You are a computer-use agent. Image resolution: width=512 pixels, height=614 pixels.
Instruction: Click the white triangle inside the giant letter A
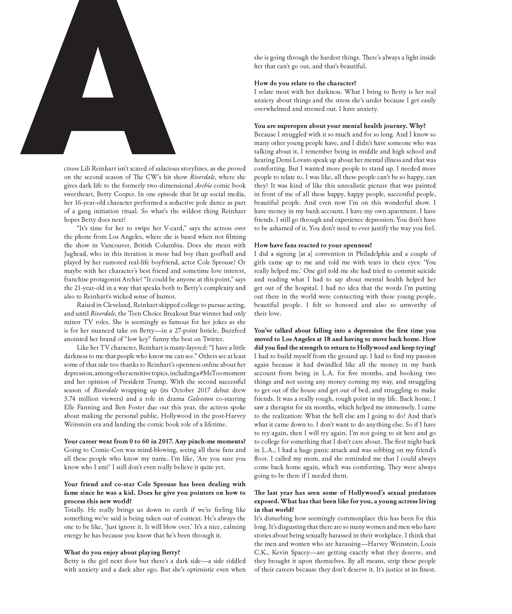click(98, 79)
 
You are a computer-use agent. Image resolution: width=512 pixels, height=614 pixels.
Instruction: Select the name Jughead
click(76, 254)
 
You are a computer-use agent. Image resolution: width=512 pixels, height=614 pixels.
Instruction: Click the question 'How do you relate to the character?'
click(305, 83)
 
